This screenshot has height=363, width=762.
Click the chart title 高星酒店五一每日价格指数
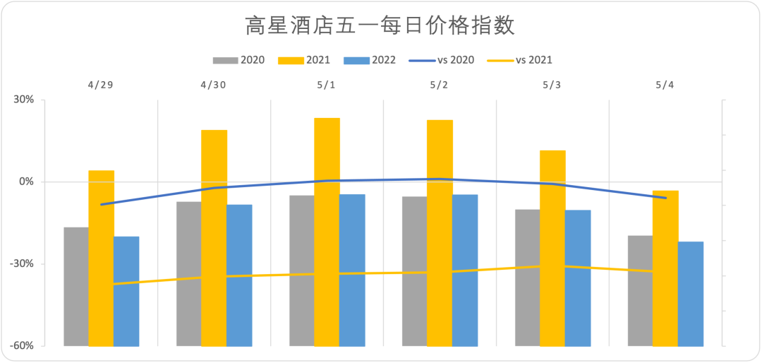click(x=380, y=26)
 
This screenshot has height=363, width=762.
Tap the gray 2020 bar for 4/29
click(x=76, y=286)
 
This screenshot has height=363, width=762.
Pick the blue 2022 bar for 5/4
click(x=691, y=293)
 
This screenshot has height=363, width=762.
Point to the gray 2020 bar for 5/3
click(x=527, y=277)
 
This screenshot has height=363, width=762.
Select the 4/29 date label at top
click(x=101, y=85)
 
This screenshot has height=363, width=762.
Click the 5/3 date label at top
click(x=552, y=85)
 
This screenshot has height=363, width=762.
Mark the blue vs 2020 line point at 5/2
click(x=440, y=179)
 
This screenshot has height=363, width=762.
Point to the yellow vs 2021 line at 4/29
click(x=102, y=285)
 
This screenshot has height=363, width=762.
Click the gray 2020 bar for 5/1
click(x=301, y=270)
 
